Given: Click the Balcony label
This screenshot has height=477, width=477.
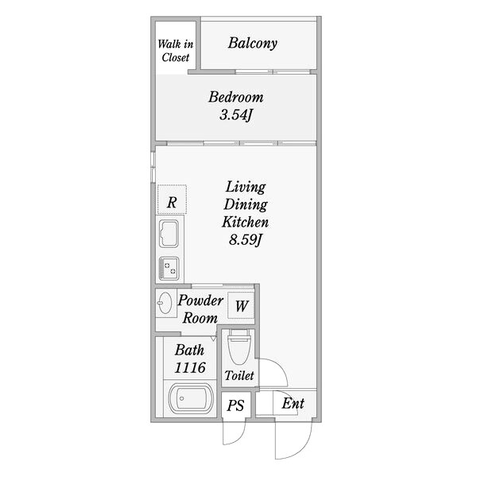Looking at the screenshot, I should tap(252, 43).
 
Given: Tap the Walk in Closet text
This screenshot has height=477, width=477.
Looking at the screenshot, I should tap(174, 50).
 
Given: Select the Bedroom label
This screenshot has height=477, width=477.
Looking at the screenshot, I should tap(235, 98).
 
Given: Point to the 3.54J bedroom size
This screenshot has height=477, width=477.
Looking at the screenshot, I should tap(236, 116).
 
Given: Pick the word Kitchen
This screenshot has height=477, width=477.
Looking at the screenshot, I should tap(245, 222).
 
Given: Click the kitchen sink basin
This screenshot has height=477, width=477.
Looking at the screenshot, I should tap(171, 235).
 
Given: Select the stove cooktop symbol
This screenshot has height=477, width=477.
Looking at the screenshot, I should tap(169, 268).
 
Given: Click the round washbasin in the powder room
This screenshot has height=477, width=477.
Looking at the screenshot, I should tap(165, 303).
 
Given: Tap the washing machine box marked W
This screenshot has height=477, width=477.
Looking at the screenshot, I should tap(242, 304).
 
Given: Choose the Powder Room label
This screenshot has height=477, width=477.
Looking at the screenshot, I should tap(200, 309).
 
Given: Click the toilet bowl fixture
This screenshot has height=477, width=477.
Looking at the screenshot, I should tap(238, 347).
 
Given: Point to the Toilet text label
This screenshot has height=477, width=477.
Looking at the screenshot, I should tap(238, 375).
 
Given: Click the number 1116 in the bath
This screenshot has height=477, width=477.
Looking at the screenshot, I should tap(190, 367).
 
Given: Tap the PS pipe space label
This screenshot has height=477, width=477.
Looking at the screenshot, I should tap(235, 405).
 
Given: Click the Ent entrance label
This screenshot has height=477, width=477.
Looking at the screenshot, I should tap(293, 404).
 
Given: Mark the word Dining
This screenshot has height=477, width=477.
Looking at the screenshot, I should tap(245, 204).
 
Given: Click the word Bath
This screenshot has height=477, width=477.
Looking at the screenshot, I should tap(190, 350).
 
